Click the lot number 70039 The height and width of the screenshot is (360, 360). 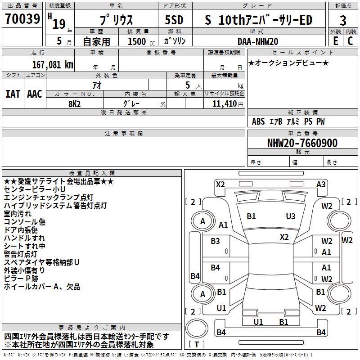pos(22,19)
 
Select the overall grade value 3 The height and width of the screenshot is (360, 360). pos(343,20)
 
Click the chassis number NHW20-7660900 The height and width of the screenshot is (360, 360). pos(302,144)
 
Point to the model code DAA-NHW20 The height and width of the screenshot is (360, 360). pos(258,41)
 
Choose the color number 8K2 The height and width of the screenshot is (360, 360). pos(75,103)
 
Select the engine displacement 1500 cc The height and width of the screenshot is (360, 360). pos(138,41)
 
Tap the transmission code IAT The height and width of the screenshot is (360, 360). pos(13,94)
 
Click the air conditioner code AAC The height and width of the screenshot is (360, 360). pos(35,94)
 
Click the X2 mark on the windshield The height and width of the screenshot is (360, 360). pos(284,237)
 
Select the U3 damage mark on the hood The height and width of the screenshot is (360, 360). pos(291,216)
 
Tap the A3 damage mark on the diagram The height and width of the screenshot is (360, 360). pos(321,184)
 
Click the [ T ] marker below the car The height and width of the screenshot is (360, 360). pos(197,344)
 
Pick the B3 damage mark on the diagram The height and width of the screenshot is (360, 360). pos(216,241)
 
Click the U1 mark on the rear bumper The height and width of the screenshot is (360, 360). pos(258,322)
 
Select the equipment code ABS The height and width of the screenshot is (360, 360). pos(258,121)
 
